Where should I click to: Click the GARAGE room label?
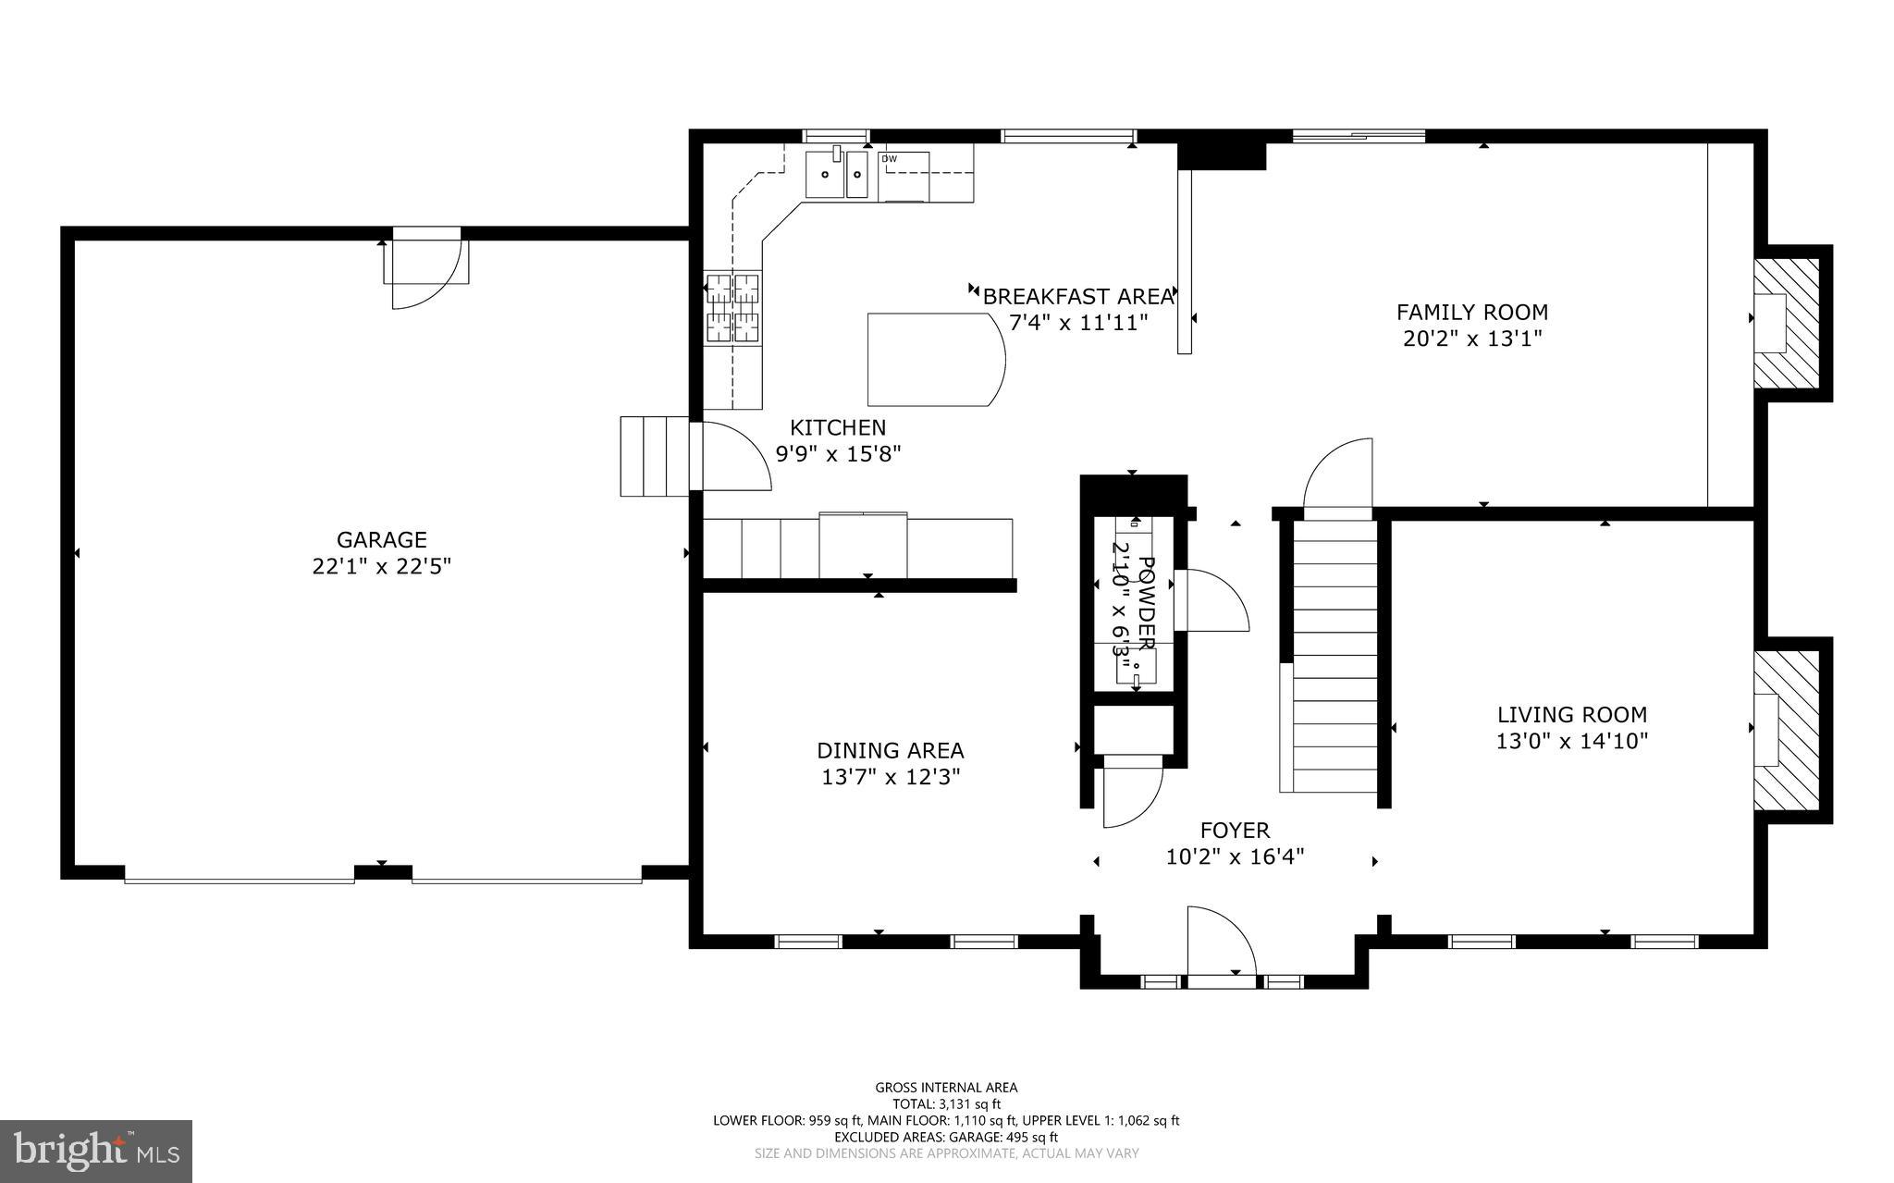381,539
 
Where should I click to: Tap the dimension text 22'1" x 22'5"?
381,566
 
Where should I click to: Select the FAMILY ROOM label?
1472,313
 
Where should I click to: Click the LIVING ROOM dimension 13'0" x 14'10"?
1572,741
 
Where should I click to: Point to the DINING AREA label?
890,750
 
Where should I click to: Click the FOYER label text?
1235,831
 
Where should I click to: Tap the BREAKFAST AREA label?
1077,297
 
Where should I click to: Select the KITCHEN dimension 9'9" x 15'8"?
837,454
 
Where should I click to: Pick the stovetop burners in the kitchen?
732,308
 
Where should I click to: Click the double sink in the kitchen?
836,175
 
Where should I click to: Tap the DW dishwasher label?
889,159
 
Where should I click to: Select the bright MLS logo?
96,1151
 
